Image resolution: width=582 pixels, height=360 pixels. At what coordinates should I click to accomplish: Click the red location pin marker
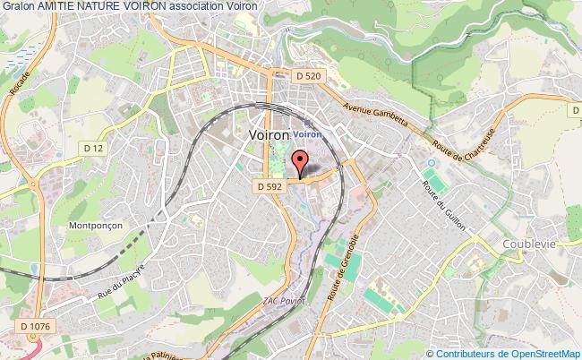point(300,163)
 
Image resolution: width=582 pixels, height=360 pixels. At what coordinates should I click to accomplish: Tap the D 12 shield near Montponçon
point(92,147)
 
